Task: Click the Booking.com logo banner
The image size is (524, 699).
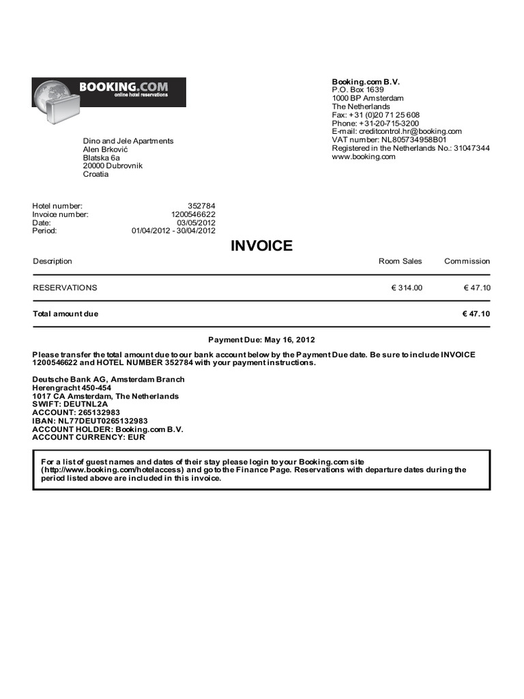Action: (x=109, y=93)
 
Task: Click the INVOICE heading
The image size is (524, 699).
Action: (x=261, y=246)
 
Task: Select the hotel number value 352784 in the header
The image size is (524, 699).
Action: (x=201, y=205)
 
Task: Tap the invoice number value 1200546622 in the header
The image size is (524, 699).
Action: (x=193, y=214)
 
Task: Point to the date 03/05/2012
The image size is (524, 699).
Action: (x=196, y=223)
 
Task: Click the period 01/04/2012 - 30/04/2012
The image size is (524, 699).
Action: (x=173, y=231)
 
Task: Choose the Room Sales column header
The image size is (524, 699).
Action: (x=400, y=261)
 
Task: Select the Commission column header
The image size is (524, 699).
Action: (x=467, y=261)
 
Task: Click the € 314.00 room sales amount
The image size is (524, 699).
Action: (x=407, y=288)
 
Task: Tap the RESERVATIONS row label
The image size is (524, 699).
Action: (x=65, y=288)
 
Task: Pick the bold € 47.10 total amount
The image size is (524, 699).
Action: (x=476, y=314)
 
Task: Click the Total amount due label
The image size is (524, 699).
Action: (x=65, y=314)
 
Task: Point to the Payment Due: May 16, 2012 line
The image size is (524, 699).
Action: (x=261, y=340)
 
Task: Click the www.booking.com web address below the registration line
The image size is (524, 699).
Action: (x=364, y=157)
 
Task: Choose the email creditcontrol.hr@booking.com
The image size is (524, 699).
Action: (x=396, y=132)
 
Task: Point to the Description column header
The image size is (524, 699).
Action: (x=53, y=261)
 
